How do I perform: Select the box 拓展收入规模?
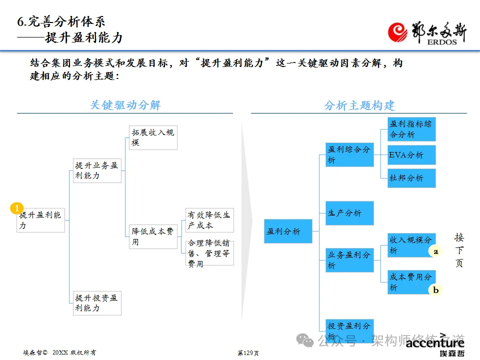(153, 137)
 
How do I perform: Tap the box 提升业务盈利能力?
(97, 170)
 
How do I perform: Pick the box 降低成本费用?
(153, 236)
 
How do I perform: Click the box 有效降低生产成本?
(209, 220)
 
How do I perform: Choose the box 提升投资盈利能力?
(97, 303)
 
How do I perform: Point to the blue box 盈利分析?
(288, 231)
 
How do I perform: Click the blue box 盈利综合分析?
(349, 154)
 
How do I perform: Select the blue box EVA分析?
(411, 155)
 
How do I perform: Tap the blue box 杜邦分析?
(411, 178)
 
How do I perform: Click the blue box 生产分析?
(349, 213)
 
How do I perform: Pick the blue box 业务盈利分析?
(349, 260)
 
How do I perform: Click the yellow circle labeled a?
(435, 251)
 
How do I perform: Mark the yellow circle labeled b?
(435, 289)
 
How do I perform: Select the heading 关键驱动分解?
(125, 105)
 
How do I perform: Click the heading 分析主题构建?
(359, 105)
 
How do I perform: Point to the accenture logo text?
(435, 342)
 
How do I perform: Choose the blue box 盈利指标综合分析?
(411, 129)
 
